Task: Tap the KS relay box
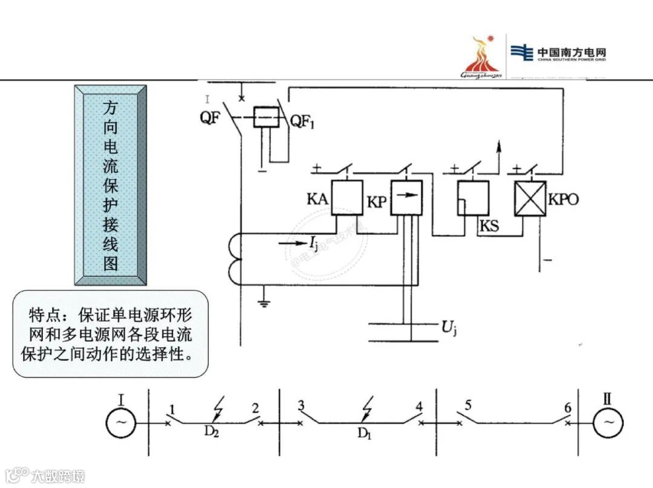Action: [473, 198]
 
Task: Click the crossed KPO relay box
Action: [530, 198]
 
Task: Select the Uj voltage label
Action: [448, 329]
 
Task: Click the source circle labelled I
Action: [122, 422]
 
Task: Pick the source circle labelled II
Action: [608, 422]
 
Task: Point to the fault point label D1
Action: [363, 432]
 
